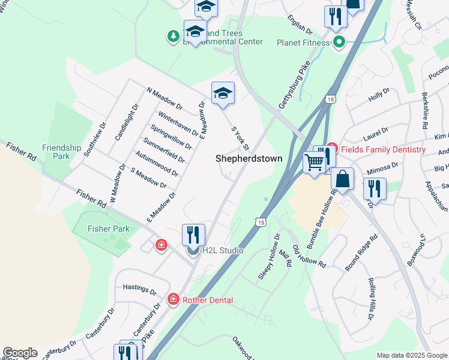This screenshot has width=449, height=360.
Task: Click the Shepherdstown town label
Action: tap(245, 158)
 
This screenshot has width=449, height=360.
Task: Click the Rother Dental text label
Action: tap(207, 299)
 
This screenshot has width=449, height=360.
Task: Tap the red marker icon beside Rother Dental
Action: tap(173, 299)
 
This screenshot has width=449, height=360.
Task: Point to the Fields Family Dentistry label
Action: tap(384, 149)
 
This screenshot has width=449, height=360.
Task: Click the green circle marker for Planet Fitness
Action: tap(339, 42)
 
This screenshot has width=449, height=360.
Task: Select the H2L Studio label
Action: tap(222, 250)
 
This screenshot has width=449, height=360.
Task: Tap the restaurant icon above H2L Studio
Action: tap(193, 233)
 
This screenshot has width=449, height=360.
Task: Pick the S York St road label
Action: tap(240, 139)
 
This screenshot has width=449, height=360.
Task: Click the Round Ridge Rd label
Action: tap(361, 252)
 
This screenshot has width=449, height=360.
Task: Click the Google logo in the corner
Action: tap(20, 353)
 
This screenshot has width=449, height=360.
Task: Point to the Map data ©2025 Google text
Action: tap(411, 355)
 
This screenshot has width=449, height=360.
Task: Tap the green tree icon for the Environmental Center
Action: tap(173, 37)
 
